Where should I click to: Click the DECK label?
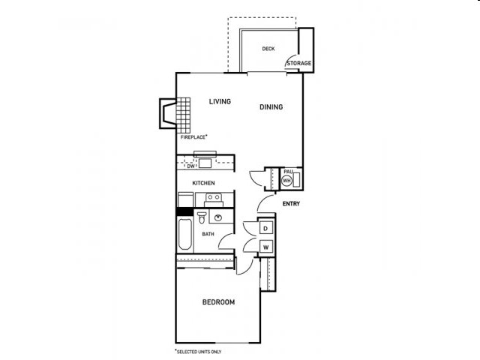click(268, 49)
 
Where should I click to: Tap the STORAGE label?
click(299, 63)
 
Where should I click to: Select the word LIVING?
click(220, 101)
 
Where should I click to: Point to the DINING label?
click(271, 106)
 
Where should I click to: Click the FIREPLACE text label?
click(193, 137)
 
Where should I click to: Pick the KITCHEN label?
click(203, 183)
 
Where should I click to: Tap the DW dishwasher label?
click(190, 166)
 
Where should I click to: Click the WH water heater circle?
click(286, 181)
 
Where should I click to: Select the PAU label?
click(288, 172)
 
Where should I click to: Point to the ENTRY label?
click(291, 204)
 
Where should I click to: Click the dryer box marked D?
click(265, 228)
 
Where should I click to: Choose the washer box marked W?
click(265, 247)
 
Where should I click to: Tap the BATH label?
click(208, 234)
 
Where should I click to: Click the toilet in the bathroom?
click(202, 217)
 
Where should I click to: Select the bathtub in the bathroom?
click(185, 234)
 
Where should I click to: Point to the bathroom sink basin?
click(218, 218)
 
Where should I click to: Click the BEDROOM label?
click(218, 302)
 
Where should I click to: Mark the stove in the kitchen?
click(214, 200)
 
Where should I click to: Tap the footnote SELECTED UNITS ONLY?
click(199, 352)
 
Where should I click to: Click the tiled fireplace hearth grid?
click(183, 115)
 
